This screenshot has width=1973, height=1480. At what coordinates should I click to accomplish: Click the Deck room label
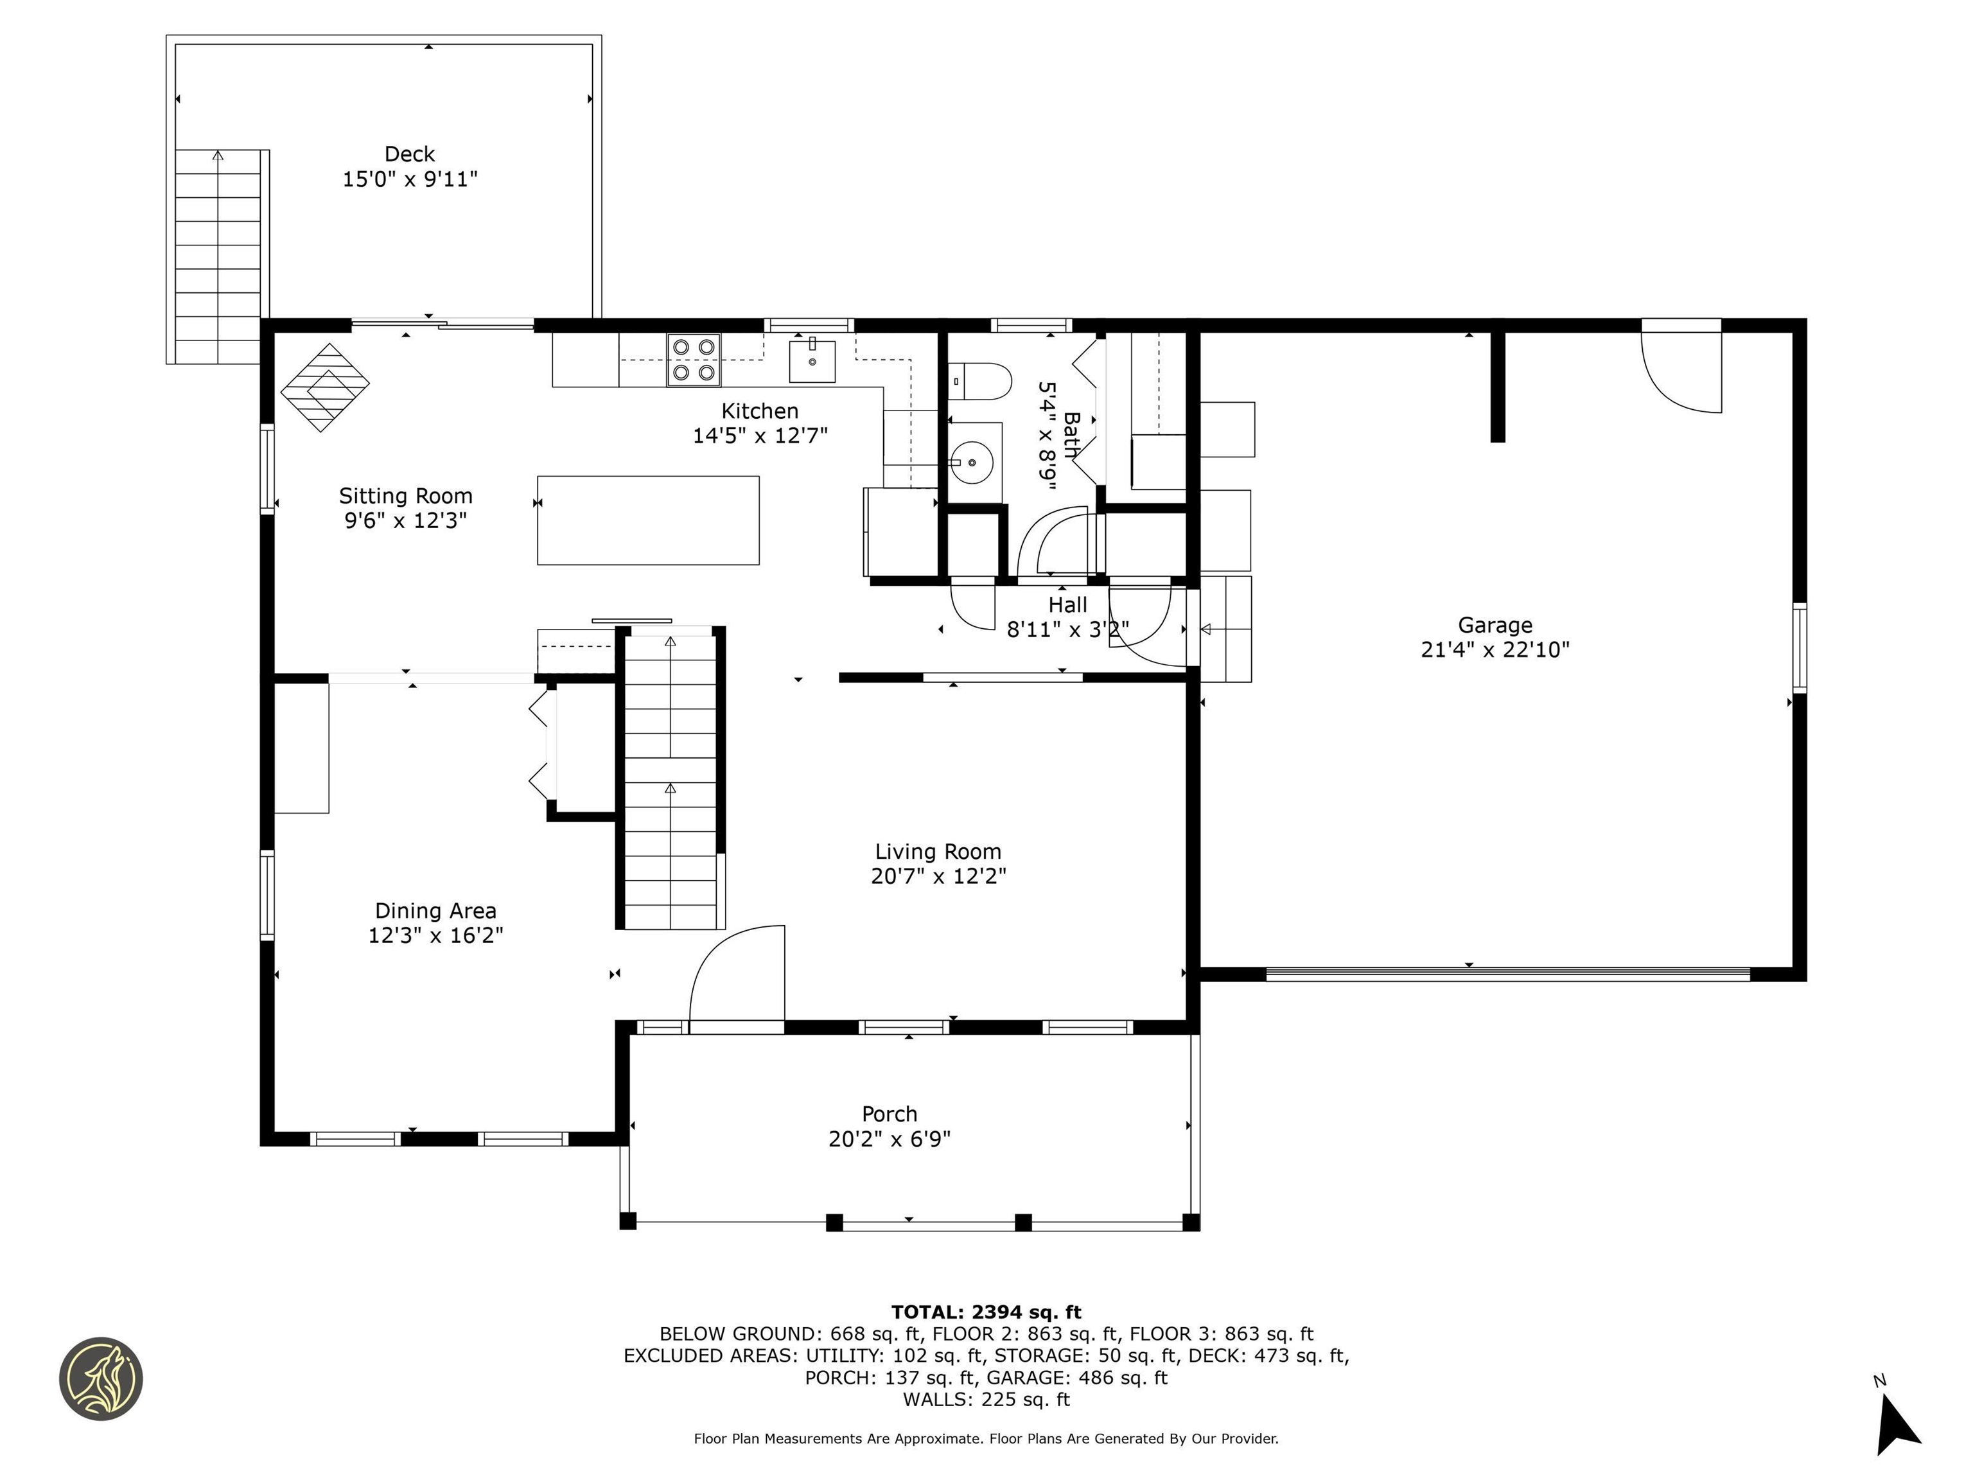(x=409, y=154)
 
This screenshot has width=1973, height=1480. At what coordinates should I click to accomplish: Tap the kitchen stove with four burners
(x=693, y=360)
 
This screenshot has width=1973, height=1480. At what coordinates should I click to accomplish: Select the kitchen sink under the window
(x=812, y=360)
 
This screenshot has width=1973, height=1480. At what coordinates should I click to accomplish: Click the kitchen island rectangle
(x=647, y=520)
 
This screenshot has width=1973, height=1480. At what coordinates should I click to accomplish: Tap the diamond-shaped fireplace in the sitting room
(x=325, y=387)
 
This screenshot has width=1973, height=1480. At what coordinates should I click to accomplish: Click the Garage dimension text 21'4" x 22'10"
(x=1495, y=649)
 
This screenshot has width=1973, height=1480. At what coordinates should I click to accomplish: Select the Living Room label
(x=938, y=851)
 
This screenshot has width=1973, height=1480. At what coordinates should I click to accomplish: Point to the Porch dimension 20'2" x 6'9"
(x=890, y=1139)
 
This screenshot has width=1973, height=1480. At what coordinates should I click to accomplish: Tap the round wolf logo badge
(x=101, y=1379)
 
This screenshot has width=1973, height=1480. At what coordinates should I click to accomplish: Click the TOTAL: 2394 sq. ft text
(x=986, y=1312)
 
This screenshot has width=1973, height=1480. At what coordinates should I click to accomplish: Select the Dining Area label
(x=435, y=911)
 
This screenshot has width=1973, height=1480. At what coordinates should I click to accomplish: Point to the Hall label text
(x=1067, y=605)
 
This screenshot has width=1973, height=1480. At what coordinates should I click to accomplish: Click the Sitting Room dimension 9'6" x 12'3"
(x=406, y=520)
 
